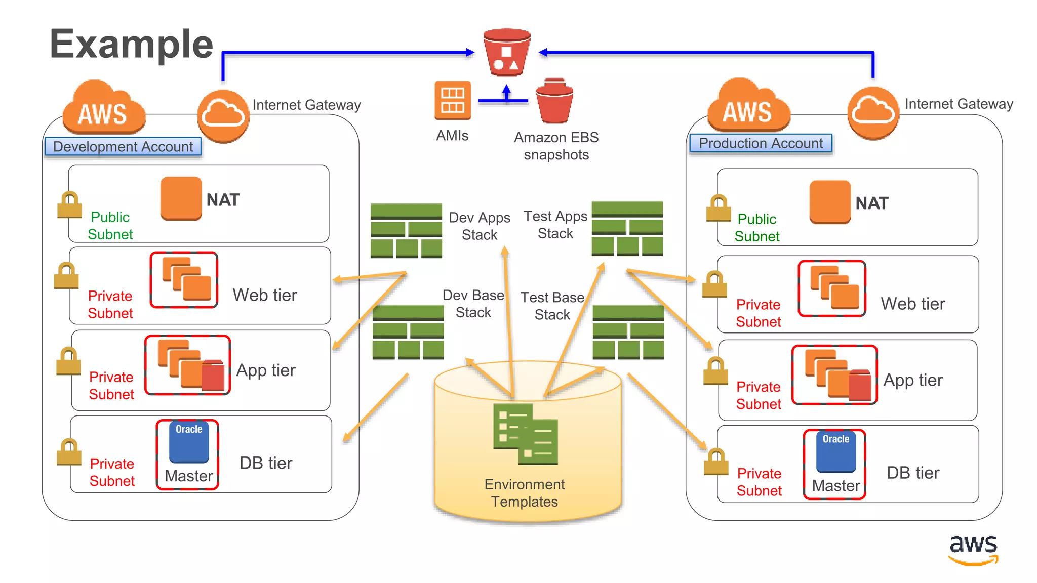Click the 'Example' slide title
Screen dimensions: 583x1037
131,45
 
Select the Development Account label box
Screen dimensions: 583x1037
123,147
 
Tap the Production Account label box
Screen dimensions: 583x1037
761,143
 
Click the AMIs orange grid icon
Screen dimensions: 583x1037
452,100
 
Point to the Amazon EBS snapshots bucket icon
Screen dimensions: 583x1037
554,101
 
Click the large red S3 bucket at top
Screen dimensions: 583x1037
506,53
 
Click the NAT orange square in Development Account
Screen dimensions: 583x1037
181,198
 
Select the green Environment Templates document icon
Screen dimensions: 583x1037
525,434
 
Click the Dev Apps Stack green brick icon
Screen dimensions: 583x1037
406,231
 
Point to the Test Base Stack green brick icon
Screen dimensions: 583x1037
628,332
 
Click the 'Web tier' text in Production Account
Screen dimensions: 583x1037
912,304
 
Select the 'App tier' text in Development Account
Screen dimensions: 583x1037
266,370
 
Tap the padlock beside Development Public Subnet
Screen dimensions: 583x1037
69,205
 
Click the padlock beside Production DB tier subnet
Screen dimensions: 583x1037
716,462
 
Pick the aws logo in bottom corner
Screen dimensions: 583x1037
973,550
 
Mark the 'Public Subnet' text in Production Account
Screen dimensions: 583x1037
756,228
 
